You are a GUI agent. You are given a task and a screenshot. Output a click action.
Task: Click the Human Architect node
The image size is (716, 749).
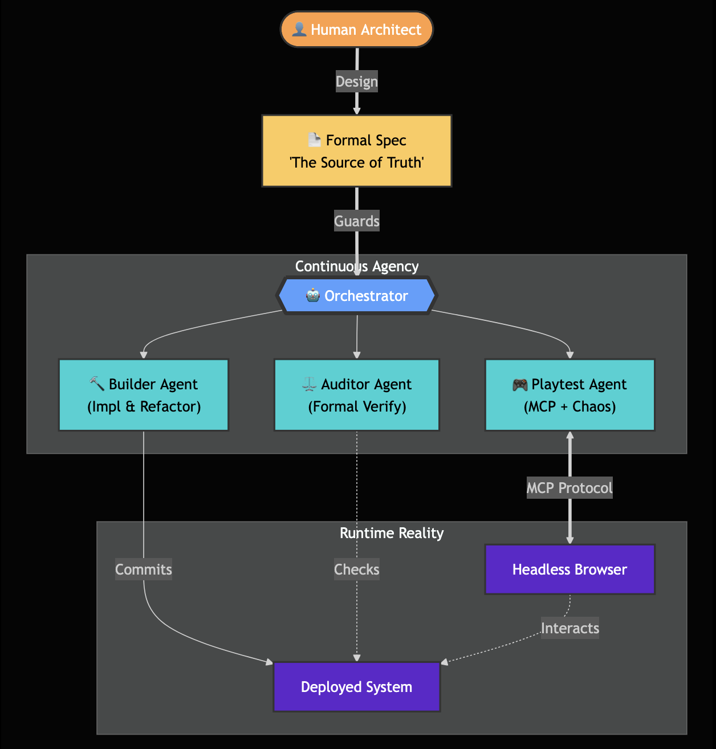(x=357, y=30)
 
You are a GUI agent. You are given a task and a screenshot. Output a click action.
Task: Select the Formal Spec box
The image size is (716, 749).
(x=357, y=151)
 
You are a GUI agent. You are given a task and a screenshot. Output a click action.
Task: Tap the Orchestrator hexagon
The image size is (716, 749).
(x=357, y=296)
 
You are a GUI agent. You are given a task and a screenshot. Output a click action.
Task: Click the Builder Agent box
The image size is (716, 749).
(x=144, y=395)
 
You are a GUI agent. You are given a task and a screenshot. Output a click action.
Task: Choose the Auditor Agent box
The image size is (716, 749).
(x=357, y=395)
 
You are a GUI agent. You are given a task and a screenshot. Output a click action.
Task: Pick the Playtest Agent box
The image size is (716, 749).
(x=569, y=395)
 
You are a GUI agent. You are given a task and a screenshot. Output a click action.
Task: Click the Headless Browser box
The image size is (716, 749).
(x=569, y=569)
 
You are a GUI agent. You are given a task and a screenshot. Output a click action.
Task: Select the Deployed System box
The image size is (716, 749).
(x=357, y=687)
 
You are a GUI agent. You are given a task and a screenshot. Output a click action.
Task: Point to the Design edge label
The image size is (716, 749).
(x=357, y=82)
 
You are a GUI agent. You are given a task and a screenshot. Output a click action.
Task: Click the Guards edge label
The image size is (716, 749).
(x=357, y=221)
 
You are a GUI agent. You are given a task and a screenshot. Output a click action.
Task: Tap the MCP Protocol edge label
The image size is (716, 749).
(x=569, y=488)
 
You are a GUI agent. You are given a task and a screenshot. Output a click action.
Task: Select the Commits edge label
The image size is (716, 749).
(x=144, y=569)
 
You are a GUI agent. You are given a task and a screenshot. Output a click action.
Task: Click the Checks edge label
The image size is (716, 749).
(x=357, y=569)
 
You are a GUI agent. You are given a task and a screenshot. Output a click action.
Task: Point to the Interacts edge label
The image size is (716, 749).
(x=569, y=628)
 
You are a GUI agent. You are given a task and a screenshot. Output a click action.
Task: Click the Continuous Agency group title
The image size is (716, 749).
(x=357, y=266)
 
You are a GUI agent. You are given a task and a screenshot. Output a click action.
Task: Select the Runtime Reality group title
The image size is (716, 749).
(x=392, y=533)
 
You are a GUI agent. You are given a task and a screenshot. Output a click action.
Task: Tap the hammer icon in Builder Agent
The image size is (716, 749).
(x=97, y=384)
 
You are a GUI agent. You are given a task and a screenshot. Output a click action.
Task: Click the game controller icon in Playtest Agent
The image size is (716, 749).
(x=520, y=385)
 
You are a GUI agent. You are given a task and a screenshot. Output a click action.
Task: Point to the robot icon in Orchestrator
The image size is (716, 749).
(x=312, y=295)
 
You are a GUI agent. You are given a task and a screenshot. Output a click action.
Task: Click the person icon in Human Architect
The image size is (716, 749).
(x=299, y=30)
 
